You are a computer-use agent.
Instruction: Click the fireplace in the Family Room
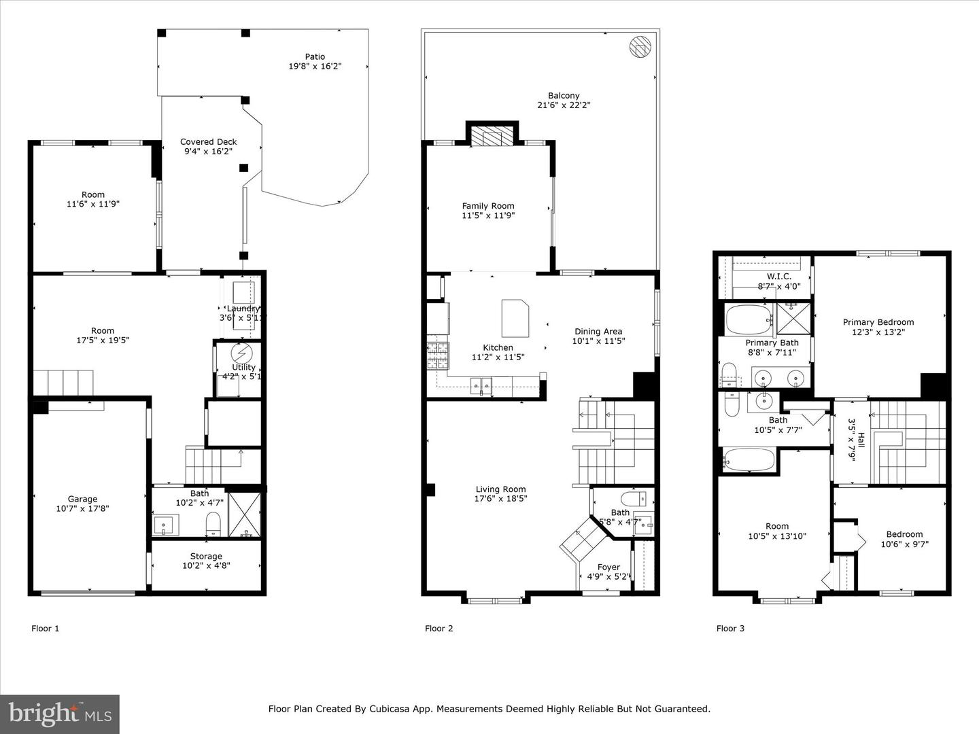tap(492, 136)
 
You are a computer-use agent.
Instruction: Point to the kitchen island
tap(516, 318)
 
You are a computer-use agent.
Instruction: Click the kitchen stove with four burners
tap(438, 355)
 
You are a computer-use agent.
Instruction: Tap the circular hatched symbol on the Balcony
tap(640, 47)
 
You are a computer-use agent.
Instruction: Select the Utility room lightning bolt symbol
tap(241, 353)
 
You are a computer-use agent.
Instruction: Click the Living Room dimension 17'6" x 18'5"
tap(500, 499)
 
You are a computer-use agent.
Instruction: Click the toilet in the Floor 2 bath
tap(632, 499)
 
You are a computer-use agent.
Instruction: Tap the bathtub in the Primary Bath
tap(748, 319)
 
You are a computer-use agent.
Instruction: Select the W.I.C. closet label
tap(778, 277)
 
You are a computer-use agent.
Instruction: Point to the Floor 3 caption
tap(730, 628)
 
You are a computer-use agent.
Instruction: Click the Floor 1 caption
tap(46, 628)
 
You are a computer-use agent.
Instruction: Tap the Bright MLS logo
tap(60, 714)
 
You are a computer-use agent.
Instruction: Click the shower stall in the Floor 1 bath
tap(244, 514)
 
